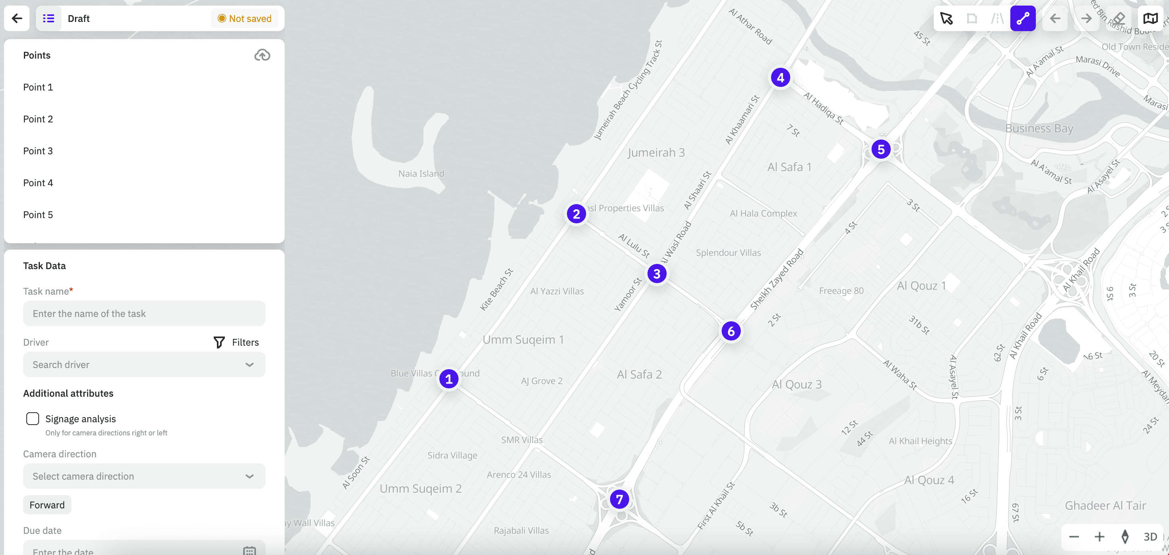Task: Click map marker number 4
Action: [x=780, y=78]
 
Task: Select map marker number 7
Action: [x=619, y=499]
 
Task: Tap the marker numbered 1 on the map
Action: [x=449, y=379]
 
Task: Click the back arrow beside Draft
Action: [x=17, y=19]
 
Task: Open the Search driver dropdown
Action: [x=144, y=364]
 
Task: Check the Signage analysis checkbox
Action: [x=33, y=418]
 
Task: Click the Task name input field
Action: [x=144, y=313]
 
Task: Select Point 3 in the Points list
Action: [x=38, y=151]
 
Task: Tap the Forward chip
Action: [x=47, y=505]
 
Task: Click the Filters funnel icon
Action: [x=219, y=342]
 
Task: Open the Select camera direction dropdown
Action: [x=144, y=476]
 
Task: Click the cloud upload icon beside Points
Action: [x=262, y=55]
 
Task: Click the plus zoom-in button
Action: [x=1099, y=537]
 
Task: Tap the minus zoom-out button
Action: [x=1074, y=537]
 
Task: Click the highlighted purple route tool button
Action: [x=1022, y=19]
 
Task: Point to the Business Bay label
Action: [x=1039, y=128]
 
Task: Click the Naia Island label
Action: [x=421, y=173]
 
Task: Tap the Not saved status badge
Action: [x=244, y=19]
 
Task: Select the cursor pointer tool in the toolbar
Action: [x=946, y=19]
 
